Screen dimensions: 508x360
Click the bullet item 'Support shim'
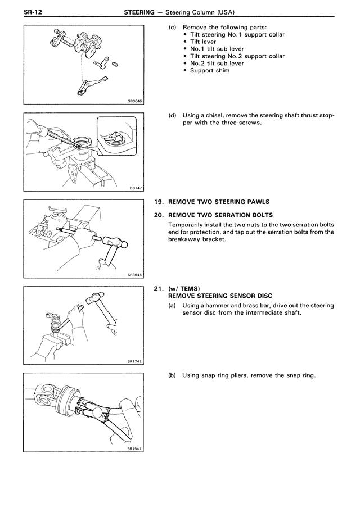click(x=209, y=71)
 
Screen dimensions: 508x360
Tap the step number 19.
click(x=158, y=202)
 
